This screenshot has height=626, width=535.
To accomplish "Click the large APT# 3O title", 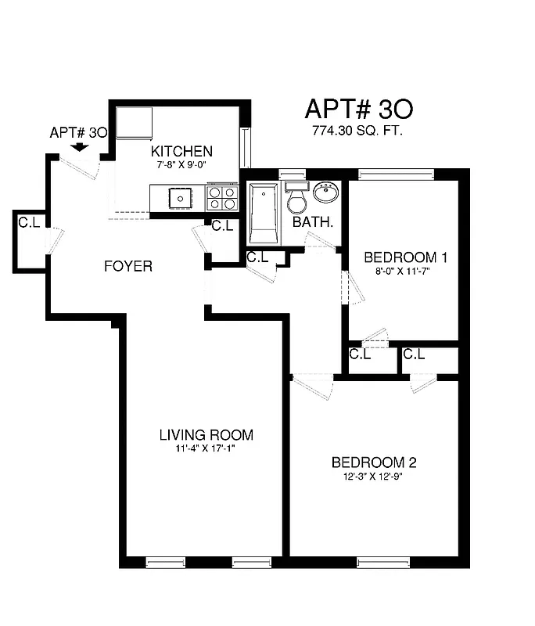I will [x=357, y=108].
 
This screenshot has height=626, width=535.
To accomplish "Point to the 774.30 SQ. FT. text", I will [x=357, y=131].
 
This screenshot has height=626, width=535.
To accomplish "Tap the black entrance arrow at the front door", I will [x=78, y=147].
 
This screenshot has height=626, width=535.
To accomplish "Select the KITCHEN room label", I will [x=181, y=151].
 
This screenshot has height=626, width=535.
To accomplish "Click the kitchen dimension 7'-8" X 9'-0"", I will [x=181, y=165].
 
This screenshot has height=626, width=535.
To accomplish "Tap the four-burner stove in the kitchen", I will [x=221, y=197].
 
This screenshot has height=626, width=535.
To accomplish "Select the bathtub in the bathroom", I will [x=263, y=213].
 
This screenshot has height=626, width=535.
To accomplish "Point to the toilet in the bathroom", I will [x=296, y=200].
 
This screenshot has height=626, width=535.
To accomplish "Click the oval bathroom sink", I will [x=325, y=192].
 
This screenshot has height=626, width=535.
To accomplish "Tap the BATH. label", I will [x=313, y=222].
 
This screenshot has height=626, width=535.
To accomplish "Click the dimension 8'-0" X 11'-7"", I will [x=403, y=272].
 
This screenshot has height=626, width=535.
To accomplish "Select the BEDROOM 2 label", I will [x=372, y=462].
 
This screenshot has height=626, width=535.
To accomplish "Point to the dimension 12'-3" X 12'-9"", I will [x=372, y=476].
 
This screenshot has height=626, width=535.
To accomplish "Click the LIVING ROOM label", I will [x=206, y=435].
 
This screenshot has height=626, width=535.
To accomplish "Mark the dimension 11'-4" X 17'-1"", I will [x=206, y=449].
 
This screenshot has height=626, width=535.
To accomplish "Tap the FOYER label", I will [x=128, y=266].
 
